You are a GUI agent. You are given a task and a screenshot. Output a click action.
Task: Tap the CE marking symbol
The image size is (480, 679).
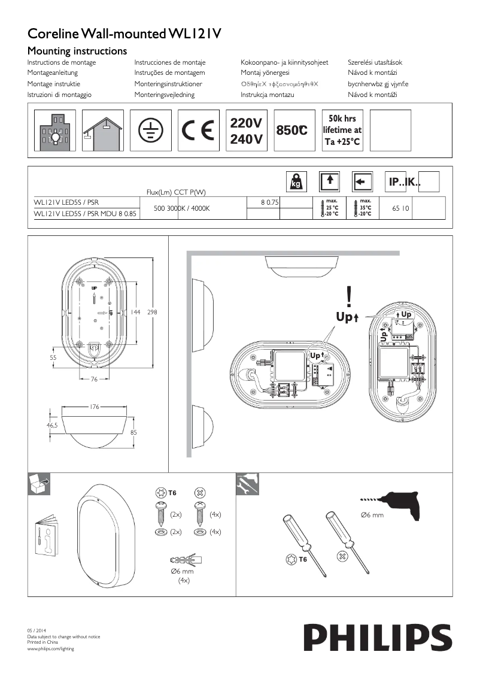[200, 130]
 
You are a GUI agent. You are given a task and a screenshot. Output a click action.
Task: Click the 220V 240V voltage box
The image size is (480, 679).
[246, 131]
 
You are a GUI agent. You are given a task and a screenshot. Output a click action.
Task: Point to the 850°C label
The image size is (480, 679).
[293, 130]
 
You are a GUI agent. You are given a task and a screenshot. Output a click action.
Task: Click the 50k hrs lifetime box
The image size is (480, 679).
[342, 130]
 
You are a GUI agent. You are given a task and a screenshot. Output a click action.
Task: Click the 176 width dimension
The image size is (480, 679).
[94, 407]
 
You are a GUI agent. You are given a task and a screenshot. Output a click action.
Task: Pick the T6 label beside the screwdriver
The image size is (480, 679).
[302, 560]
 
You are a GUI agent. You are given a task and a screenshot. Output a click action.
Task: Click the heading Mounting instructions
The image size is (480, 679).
[78, 51]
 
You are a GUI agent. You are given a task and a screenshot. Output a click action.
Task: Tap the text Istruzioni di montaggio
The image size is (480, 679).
[59, 95]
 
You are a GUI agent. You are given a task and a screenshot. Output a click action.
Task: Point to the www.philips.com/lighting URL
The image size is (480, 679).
[51, 649]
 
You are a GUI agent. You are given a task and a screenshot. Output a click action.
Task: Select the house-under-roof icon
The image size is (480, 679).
[103, 130]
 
